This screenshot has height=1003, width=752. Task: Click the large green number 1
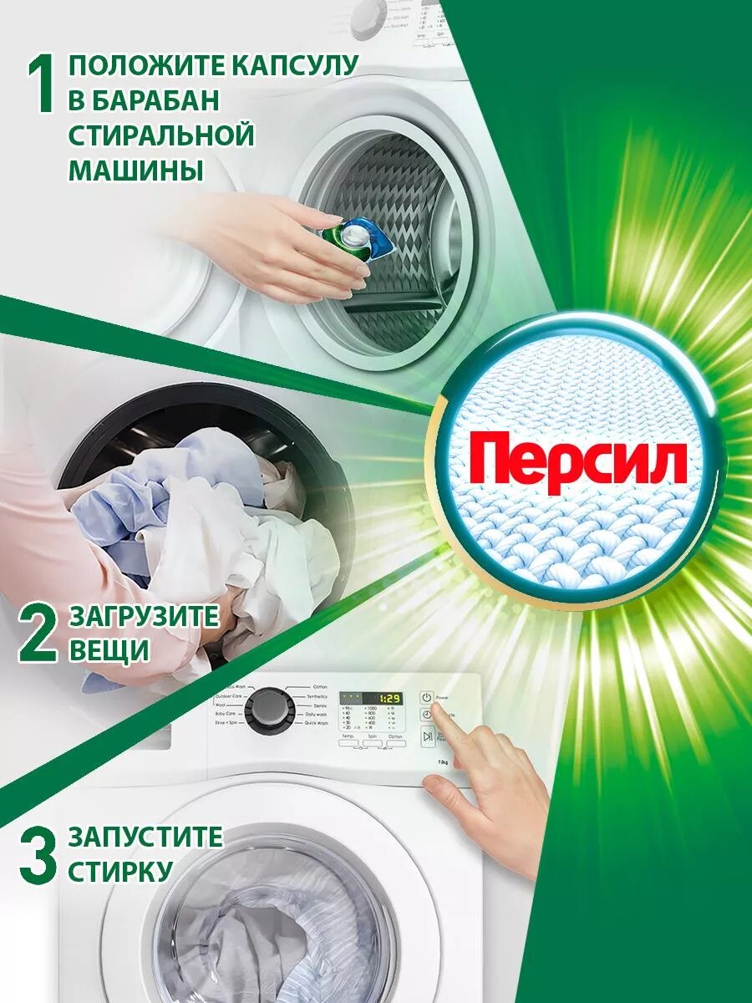(43, 85)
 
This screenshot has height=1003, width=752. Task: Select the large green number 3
(38, 853)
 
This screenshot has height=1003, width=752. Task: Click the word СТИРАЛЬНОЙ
(160, 135)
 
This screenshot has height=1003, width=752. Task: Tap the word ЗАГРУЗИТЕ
(144, 618)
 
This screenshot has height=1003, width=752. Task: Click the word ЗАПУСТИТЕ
(145, 836)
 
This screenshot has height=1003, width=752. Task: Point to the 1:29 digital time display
(387, 697)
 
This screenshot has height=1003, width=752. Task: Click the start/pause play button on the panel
(427, 736)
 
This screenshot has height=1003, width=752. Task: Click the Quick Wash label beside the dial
(316, 724)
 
